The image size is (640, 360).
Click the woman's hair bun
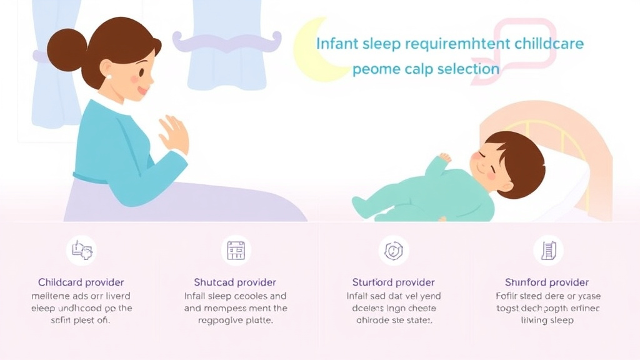coord(66,49)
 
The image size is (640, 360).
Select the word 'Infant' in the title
coord(337,44)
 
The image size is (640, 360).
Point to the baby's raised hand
coord(444,157)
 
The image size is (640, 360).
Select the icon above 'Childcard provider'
coord(82,251)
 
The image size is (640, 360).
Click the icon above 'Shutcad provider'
coord(236,251)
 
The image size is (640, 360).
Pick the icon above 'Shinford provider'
coord(548,251)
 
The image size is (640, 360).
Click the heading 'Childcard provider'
coord(81,282)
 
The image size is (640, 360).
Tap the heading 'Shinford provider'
coord(547,282)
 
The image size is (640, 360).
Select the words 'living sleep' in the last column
coord(547,320)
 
